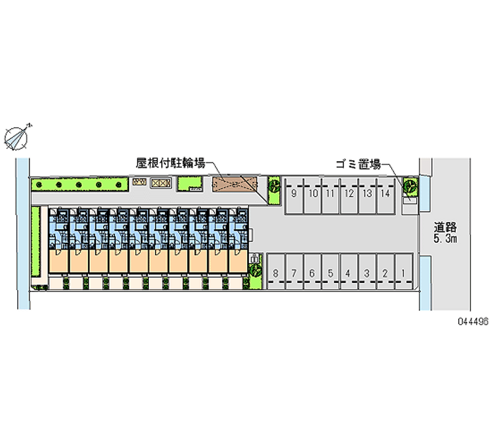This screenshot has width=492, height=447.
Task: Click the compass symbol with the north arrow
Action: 18,136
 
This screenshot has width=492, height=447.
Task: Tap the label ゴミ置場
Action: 358,164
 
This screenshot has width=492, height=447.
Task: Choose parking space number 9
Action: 295,194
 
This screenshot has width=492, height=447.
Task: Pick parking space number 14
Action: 385,194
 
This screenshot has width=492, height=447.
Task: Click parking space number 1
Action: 403,272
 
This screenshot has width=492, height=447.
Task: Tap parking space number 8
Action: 276,272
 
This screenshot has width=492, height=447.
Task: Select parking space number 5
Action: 330,272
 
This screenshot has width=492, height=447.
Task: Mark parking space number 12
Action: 349,194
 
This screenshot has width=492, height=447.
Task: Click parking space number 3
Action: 367,272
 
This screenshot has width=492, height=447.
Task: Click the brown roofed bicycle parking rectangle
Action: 233,184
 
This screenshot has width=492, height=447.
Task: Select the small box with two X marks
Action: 160,183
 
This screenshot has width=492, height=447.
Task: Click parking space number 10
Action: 313,194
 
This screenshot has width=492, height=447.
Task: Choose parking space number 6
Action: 312,272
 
